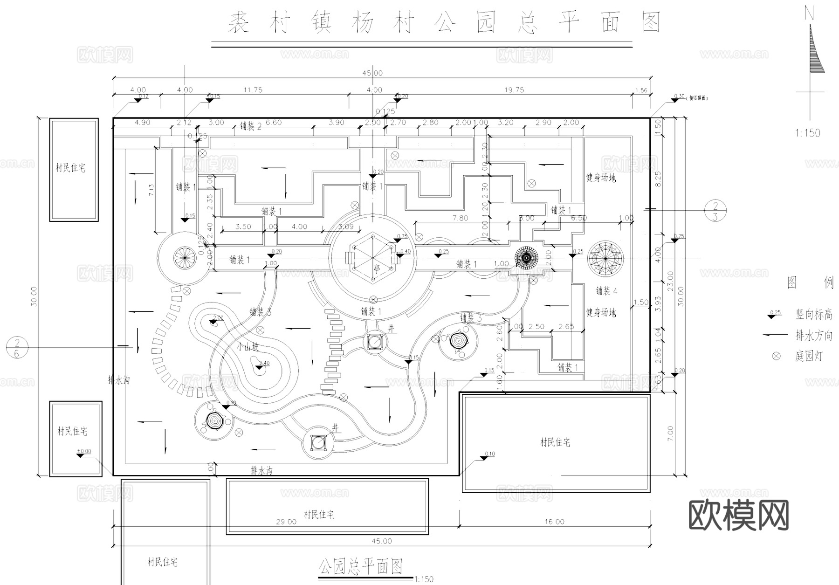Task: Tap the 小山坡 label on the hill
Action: tap(247, 347)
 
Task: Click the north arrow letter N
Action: tap(809, 14)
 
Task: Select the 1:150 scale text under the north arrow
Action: tap(807, 133)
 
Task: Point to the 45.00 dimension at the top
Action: tap(372, 73)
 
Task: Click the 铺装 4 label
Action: tap(606, 291)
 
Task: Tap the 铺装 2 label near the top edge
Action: tap(251, 126)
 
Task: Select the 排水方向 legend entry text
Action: tap(813, 336)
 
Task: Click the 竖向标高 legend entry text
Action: tap(813, 315)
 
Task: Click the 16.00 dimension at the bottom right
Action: tap(554, 522)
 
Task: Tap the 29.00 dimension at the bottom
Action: tap(286, 522)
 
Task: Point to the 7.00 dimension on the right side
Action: tap(670, 434)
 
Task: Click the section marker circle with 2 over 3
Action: tap(715, 210)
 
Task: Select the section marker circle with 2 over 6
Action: tap(17, 348)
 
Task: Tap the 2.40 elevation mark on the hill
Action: tap(264, 363)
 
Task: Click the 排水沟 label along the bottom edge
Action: tap(261, 471)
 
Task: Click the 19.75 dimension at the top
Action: tap(514, 90)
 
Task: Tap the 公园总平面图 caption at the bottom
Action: tap(360, 567)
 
